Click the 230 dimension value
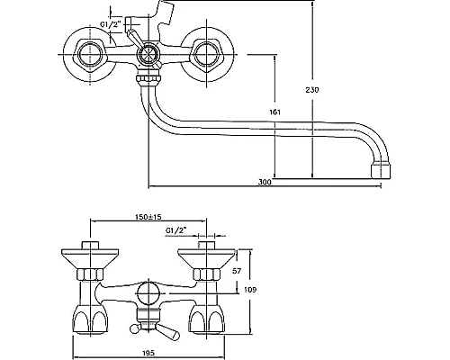(x=312, y=90)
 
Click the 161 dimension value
(x=274, y=112)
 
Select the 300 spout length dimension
(x=265, y=182)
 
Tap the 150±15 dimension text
(x=148, y=217)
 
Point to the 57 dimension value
(x=237, y=271)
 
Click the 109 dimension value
(x=250, y=290)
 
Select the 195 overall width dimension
(x=148, y=353)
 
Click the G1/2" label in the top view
(x=110, y=24)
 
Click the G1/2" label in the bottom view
(x=175, y=230)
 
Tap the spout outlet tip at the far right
(x=381, y=171)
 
